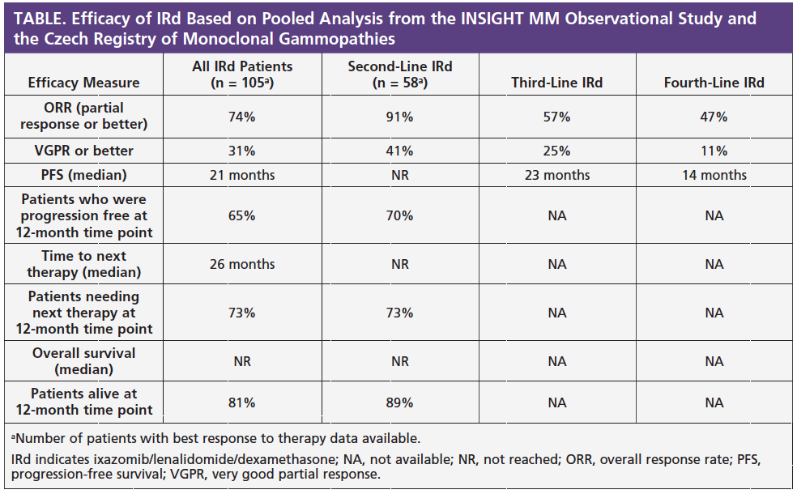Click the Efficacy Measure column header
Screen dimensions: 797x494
coord(84,83)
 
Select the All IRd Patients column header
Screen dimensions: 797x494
coord(242,75)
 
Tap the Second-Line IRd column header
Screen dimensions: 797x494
coord(400,75)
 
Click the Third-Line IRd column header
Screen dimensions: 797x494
coord(557,83)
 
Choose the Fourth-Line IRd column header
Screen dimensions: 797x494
coord(714,83)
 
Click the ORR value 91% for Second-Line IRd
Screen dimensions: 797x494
coord(399,117)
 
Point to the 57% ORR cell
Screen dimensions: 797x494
coord(556,117)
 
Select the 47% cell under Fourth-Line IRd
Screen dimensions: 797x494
coord(714,117)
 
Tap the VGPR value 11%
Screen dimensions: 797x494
coord(714,151)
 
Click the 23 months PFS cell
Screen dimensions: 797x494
coord(557,176)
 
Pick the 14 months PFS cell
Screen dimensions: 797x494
coord(714,176)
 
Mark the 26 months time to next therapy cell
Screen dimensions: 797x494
coord(242,264)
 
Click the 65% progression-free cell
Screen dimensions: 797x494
coord(242,215)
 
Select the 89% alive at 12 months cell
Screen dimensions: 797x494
coord(399,402)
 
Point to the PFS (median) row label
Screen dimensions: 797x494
coord(84,176)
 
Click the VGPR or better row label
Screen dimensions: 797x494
coord(84,151)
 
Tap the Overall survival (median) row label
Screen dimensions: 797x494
coord(84,361)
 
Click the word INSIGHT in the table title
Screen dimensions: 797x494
coord(492,19)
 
